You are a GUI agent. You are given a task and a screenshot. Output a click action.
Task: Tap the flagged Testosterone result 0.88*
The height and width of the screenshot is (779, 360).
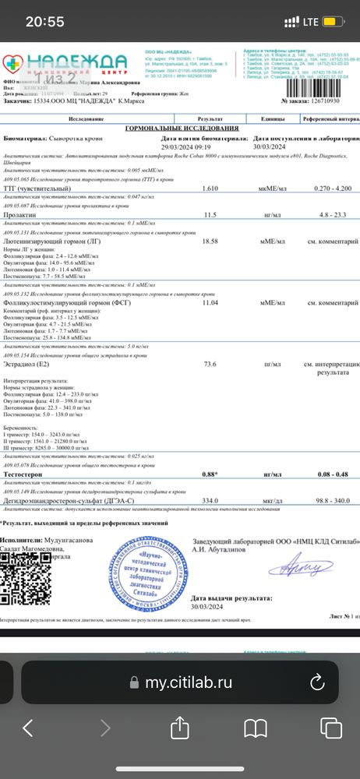[209, 473]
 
